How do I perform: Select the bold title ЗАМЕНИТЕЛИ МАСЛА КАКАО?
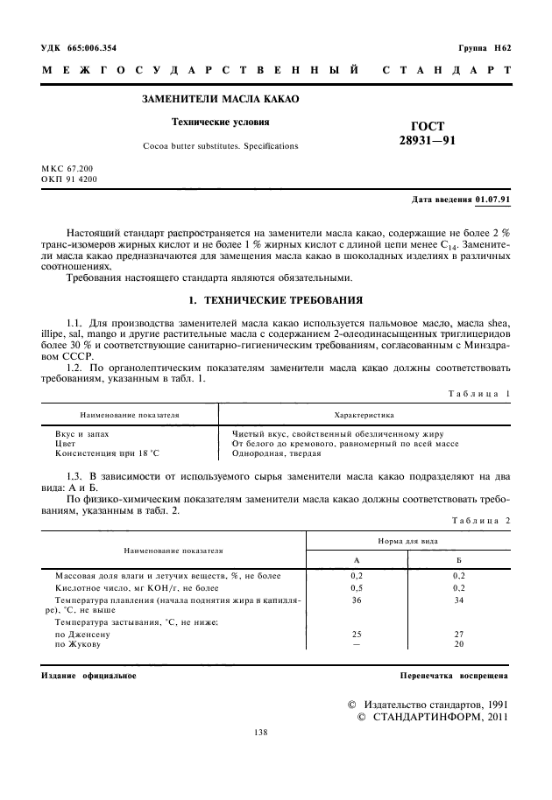[x=220, y=100]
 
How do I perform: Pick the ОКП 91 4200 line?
[x=69, y=179]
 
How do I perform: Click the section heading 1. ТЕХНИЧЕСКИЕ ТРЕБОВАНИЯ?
[x=276, y=301]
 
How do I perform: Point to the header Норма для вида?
[x=407, y=543]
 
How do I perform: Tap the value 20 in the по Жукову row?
[x=458, y=644]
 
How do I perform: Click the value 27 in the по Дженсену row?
[x=458, y=633]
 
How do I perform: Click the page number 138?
[x=259, y=733]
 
